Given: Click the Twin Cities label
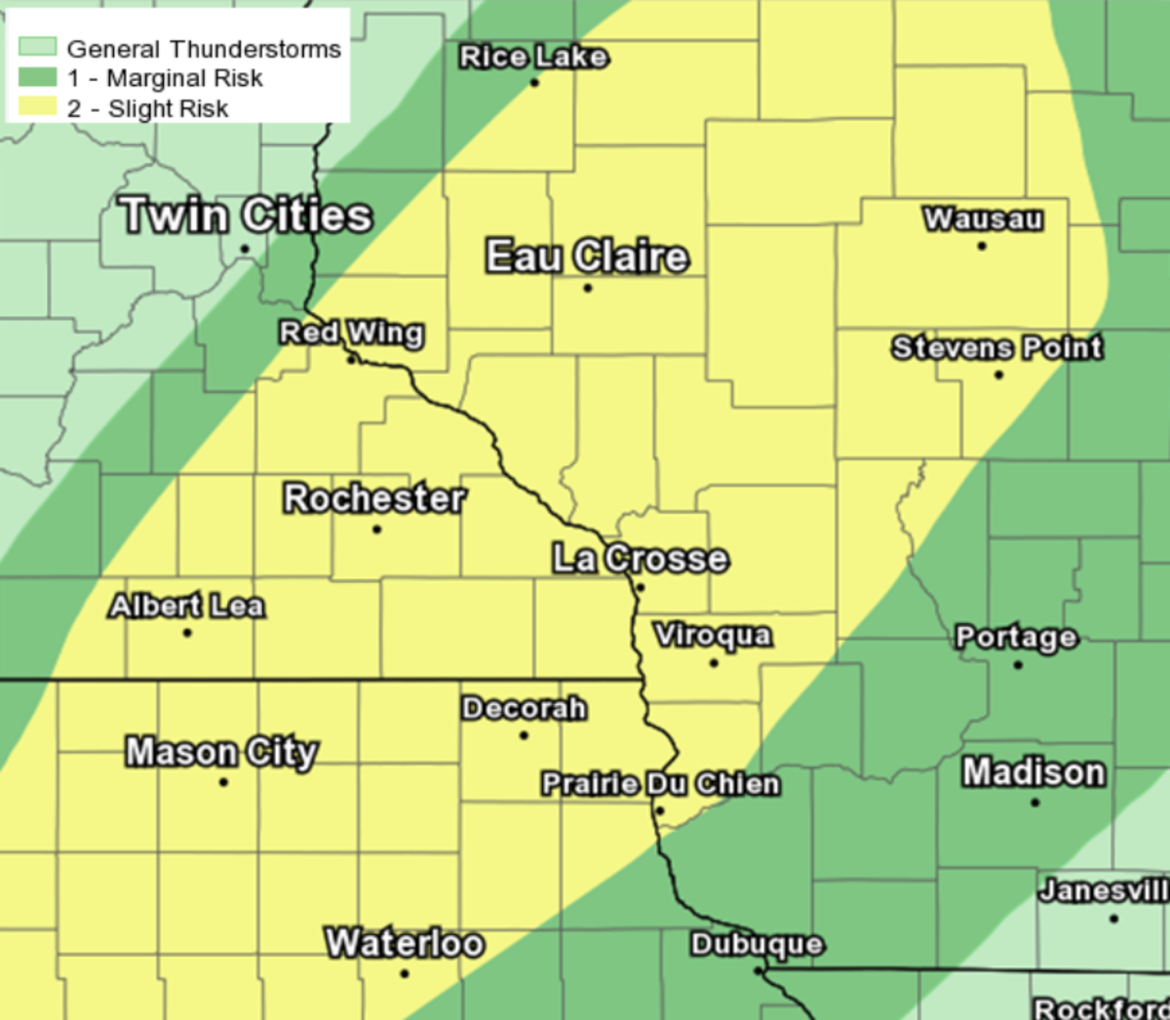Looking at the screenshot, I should [246, 216].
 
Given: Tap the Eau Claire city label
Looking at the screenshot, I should [587, 256].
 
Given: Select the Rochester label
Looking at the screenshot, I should [374, 498].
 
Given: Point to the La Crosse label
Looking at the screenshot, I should [640, 559].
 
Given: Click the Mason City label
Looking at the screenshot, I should [221, 752].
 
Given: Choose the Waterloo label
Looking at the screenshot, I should [405, 943].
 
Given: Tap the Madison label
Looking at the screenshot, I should [1033, 772].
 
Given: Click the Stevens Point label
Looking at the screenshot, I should [996, 347].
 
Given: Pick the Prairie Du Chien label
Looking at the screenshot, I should [660, 784].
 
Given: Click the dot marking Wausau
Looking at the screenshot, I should [982, 246].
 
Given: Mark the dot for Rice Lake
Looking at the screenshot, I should [534, 83].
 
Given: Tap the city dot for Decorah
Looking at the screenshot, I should [524, 735].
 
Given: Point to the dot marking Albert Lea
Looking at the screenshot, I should [187, 633].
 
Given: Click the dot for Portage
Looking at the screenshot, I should [1018, 665].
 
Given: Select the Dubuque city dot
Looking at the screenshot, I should [758, 971].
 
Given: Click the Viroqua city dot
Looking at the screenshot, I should [714, 663].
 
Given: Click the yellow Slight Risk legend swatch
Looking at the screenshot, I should [37, 107].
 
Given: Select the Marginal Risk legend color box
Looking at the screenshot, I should [37, 77].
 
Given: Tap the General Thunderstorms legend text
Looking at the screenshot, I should [204, 49].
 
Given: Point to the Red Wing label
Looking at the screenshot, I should [351, 333].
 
